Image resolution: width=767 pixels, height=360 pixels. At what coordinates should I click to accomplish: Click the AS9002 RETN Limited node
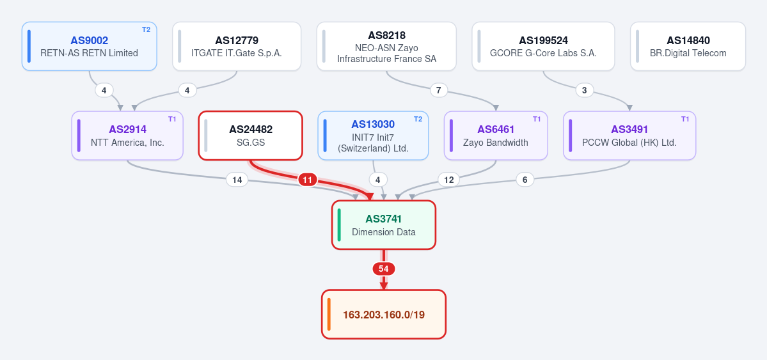coord(89,46)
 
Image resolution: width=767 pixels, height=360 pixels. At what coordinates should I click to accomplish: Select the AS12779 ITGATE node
coord(237,46)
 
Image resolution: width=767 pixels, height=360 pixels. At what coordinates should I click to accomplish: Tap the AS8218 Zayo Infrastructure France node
coord(386,46)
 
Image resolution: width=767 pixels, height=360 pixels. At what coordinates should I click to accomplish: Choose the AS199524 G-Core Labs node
coord(543,46)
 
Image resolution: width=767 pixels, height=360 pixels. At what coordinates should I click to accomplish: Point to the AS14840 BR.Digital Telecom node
coord(688,46)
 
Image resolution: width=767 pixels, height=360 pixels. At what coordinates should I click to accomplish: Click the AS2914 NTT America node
coord(127,136)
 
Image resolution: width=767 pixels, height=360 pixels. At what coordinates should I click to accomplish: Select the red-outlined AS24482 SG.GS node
coord(251,136)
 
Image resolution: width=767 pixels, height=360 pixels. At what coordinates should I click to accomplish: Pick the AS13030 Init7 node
coord(373,136)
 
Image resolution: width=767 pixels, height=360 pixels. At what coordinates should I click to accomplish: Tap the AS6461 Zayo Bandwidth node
coord(496,136)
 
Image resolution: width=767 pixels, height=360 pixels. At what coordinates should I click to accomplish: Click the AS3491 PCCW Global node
coord(629,136)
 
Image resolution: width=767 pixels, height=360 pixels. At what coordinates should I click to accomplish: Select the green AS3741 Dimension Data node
coord(384,225)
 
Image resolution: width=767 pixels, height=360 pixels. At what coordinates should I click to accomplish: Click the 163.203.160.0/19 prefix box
coord(384,314)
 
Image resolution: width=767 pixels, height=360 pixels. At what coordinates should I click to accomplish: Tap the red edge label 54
coord(384,269)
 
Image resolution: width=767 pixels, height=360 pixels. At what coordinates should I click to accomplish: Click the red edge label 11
coord(307,180)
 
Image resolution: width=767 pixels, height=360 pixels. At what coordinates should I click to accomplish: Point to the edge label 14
coord(237,180)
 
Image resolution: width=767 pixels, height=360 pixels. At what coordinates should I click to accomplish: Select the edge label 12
coord(448,180)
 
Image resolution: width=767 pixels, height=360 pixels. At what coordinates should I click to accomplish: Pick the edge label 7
coord(438,91)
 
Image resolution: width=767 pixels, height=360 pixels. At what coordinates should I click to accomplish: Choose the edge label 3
coord(584,91)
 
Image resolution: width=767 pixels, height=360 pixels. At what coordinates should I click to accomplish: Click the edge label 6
coord(525,180)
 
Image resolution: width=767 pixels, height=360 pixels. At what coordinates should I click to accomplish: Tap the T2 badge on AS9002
coord(146,29)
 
